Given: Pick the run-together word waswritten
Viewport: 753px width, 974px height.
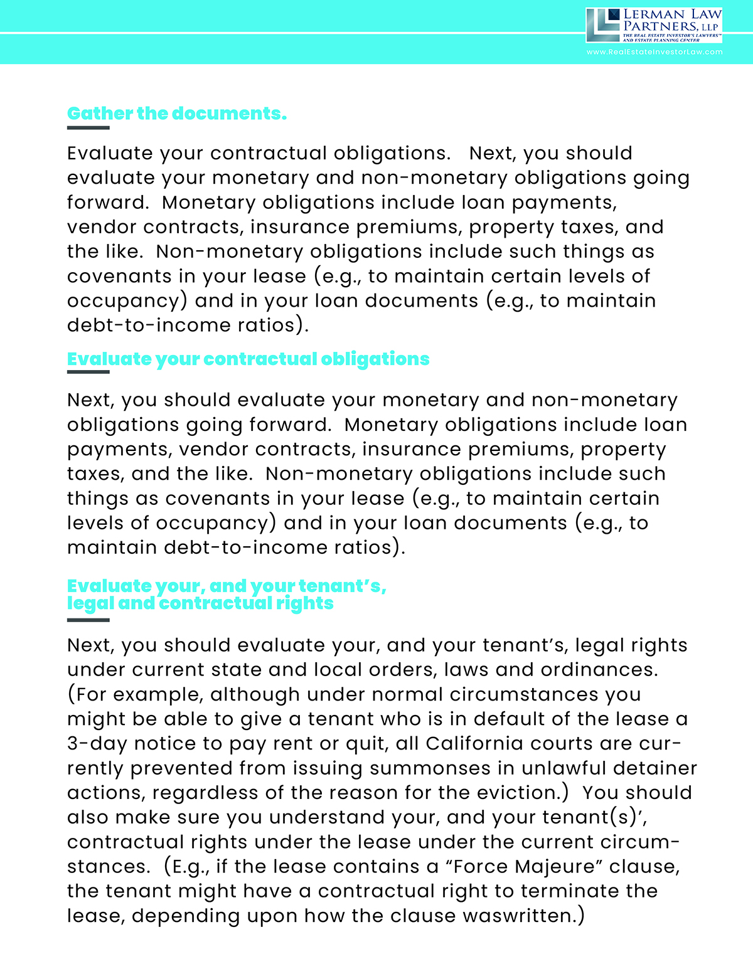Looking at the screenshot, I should pos(516,915).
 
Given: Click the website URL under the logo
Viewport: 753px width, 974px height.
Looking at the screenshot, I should pos(654,52).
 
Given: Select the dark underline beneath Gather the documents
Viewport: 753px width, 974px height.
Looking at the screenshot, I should pos(88,128).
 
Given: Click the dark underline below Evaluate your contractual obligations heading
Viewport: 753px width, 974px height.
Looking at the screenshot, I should pos(88,372).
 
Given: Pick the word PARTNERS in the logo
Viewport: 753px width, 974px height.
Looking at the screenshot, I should pos(660,26).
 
